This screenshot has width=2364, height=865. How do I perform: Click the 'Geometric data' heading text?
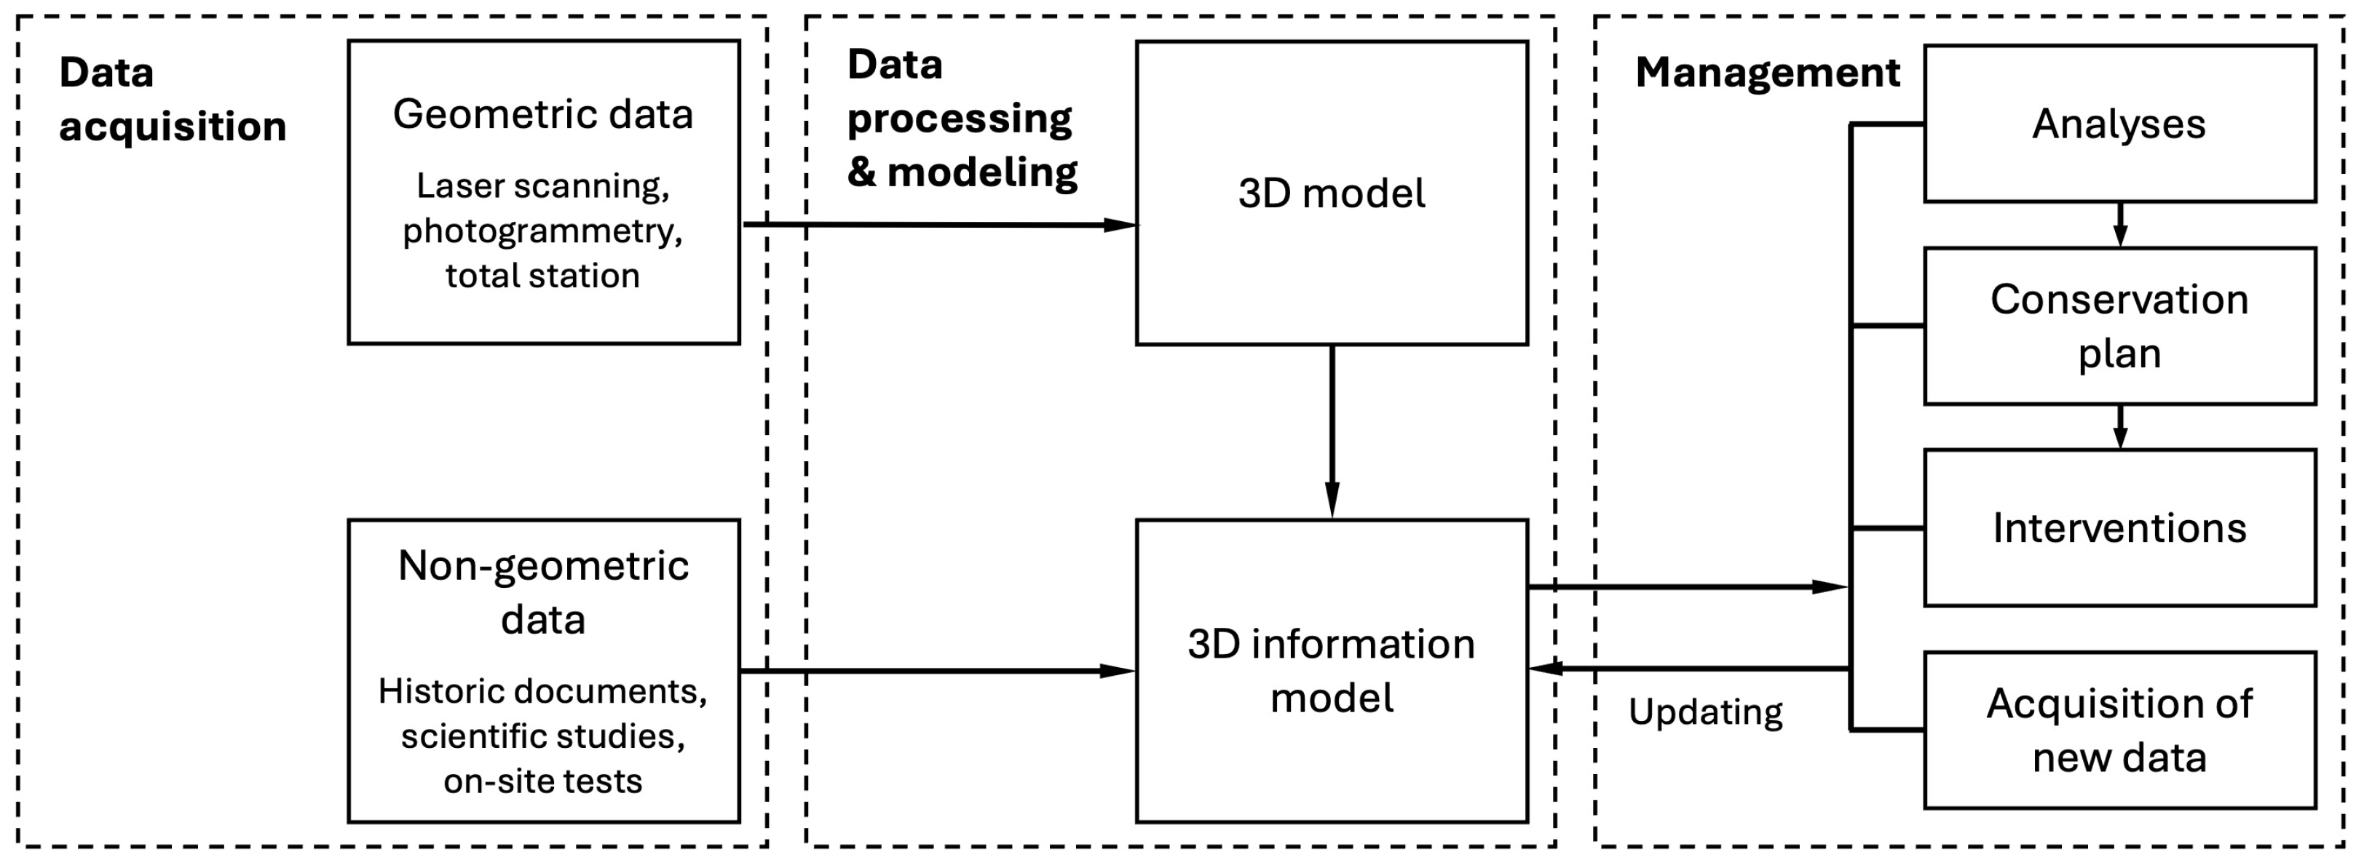click(x=542, y=116)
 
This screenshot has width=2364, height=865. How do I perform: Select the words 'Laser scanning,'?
click(x=542, y=186)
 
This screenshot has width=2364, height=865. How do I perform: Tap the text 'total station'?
click(x=542, y=275)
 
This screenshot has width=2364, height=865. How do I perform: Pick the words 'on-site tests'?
click(x=542, y=781)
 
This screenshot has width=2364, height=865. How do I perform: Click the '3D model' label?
click(x=1331, y=194)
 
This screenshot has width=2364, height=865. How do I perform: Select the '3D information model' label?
click(x=1331, y=671)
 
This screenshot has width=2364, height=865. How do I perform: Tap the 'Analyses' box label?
click(x=2118, y=124)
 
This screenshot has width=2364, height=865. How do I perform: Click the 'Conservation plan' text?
click(x=2118, y=326)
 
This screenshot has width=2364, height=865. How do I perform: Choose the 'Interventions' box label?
click(x=2118, y=528)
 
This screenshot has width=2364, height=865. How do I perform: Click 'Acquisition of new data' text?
click(x=2118, y=730)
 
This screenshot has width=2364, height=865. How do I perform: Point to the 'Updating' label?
click(x=1705, y=711)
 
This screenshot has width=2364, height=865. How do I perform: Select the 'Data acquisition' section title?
click(x=172, y=99)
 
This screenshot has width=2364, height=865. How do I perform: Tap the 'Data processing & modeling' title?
click(x=961, y=119)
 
